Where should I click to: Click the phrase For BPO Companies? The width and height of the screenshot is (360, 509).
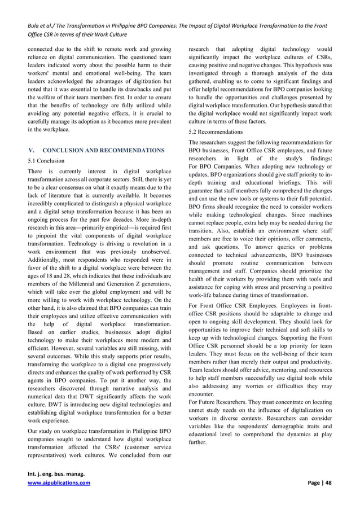pyautogui.click(x=216, y=167)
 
